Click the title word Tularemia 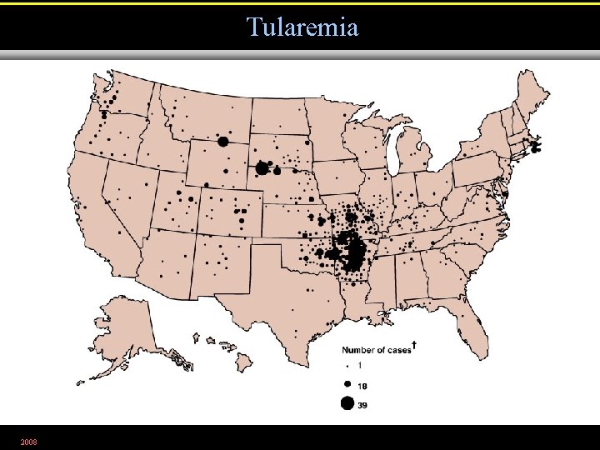[302, 27]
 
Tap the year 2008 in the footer [28, 440]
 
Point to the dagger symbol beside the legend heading [415, 345]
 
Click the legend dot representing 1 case [347, 366]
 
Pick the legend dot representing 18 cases [347, 384]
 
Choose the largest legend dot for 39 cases [347, 404]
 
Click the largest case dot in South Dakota [262, 168]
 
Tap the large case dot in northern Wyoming [223, 142]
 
